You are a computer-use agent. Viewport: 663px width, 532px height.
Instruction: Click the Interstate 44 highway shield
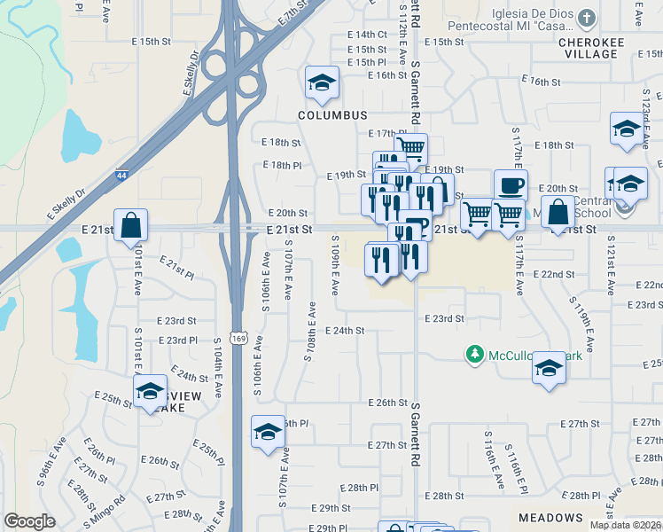pyautogui.click(x=119, y=177)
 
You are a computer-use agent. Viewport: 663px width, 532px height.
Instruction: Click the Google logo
pyautogui.click(x=30, y=521)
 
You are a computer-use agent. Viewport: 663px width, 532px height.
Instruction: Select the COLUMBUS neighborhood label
pyautogui.click(x=332, y=116)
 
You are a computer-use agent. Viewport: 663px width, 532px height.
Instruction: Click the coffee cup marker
pyautogui.click(x=511, y=186)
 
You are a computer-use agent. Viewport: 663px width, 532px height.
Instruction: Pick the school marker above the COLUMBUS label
pyautogui.click(x=322, y=83)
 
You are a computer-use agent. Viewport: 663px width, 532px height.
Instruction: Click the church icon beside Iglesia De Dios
pyautogui.click(x=587, y=18)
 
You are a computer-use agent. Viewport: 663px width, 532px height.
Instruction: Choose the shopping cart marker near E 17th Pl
pyautogui.click(x=410, y=148)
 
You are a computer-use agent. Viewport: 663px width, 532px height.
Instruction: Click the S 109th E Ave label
pyautogui.click(x=335, y=266)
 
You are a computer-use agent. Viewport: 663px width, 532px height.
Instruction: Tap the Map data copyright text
pyautogui.click(x=625, y=525)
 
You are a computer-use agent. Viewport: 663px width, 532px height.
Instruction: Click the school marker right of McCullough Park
pyautogui.click(x=549, y=367)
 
